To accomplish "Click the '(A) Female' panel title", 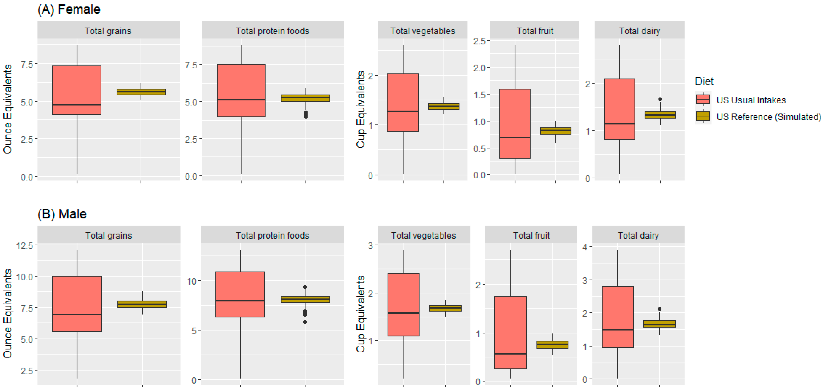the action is coord(69,9).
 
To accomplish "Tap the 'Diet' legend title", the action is coord(704,81).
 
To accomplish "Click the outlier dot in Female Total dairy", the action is coord(660,99).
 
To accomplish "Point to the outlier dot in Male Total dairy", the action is coord(659,309).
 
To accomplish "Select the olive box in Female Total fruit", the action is coord(555,131).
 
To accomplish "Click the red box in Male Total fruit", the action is coord(510,333).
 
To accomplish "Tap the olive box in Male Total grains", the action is coord(142,304).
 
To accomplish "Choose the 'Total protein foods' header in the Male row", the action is coord(273,236).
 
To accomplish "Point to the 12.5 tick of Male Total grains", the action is coord(25,246).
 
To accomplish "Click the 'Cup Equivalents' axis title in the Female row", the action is coord(361,109).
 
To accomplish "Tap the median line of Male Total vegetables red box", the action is coord(403,313).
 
